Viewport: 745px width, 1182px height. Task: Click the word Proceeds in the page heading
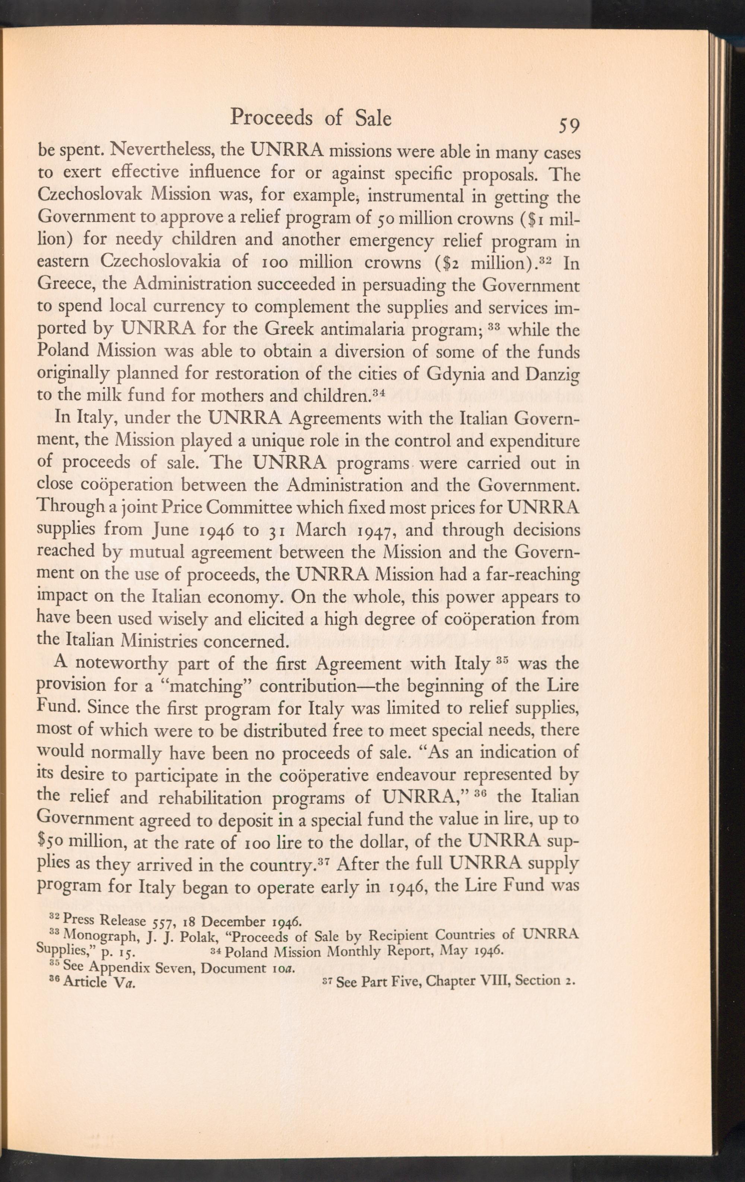[x=272, y=118]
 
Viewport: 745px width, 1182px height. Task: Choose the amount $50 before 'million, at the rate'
[x=51, y=842]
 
